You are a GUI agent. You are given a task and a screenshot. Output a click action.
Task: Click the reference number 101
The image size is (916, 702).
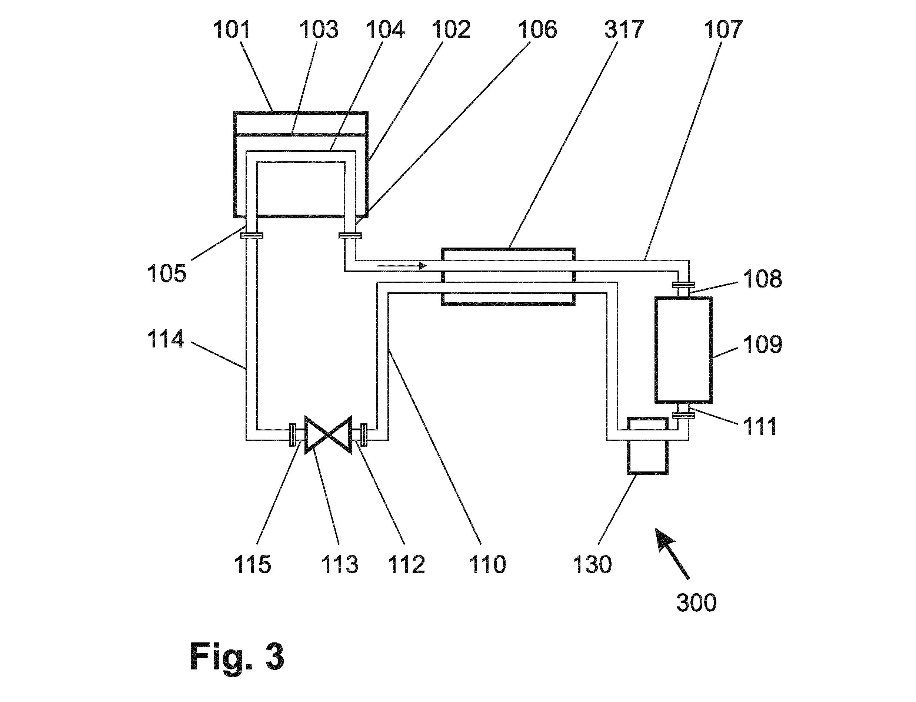pos(231,30)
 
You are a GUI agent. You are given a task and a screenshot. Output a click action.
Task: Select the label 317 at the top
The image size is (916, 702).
pos(624,30)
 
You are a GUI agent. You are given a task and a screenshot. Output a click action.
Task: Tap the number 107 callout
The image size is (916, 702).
pos(723,30)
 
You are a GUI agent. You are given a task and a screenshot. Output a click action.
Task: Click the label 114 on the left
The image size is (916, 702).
pos(166,339)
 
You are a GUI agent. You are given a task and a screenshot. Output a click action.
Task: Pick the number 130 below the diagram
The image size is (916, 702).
pos(592,565)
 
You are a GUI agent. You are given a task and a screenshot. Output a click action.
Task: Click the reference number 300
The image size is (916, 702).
pos(696,603)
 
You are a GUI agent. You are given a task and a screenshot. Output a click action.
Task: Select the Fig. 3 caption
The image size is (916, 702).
pos(237,656)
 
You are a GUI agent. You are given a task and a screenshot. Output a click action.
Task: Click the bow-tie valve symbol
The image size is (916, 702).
pos(328,434)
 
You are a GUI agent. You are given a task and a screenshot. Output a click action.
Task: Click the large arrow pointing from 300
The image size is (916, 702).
pos(672,554)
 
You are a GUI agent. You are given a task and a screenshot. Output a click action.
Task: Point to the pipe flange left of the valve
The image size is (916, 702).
pos(293,435)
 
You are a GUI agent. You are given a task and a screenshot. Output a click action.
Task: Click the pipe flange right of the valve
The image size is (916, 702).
pos(364,435)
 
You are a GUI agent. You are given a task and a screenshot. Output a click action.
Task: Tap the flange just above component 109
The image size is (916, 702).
pos(683,285)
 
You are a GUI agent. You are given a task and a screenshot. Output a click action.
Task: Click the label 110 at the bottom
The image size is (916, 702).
pos(488,565)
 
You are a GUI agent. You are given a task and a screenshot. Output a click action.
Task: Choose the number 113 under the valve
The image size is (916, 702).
pos(340,565)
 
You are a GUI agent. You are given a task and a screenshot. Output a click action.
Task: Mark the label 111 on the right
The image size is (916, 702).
pos(760,427)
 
